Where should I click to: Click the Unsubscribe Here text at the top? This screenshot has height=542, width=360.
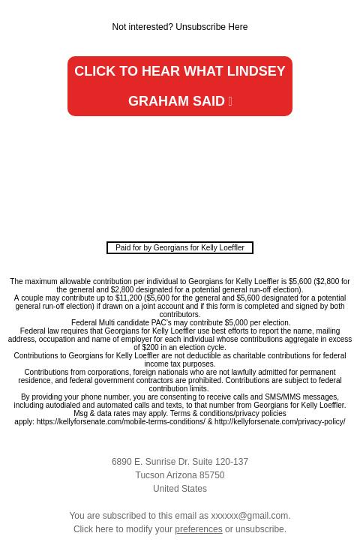tap(211, 28)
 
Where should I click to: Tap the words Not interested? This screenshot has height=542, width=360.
tap(142, 28)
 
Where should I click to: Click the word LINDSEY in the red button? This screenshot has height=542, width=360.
tap(256, 71)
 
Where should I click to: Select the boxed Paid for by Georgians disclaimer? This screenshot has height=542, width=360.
tap(180, 247)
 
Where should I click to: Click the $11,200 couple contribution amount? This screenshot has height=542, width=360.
tap(129, 298)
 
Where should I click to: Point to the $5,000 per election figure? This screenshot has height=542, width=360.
tap(236, 323)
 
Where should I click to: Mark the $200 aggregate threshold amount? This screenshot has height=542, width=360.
tap(151, 348)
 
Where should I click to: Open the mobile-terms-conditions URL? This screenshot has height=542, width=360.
tap(121, 422)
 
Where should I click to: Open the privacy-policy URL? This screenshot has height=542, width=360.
tap(280, 422)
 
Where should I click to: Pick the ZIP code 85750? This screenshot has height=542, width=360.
tap(212, 476)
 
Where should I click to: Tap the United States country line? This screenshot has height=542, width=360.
tap(180, 490)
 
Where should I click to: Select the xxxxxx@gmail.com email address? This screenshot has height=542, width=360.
tap(250, 517)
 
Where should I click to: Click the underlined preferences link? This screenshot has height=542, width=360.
tap(199, 530)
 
